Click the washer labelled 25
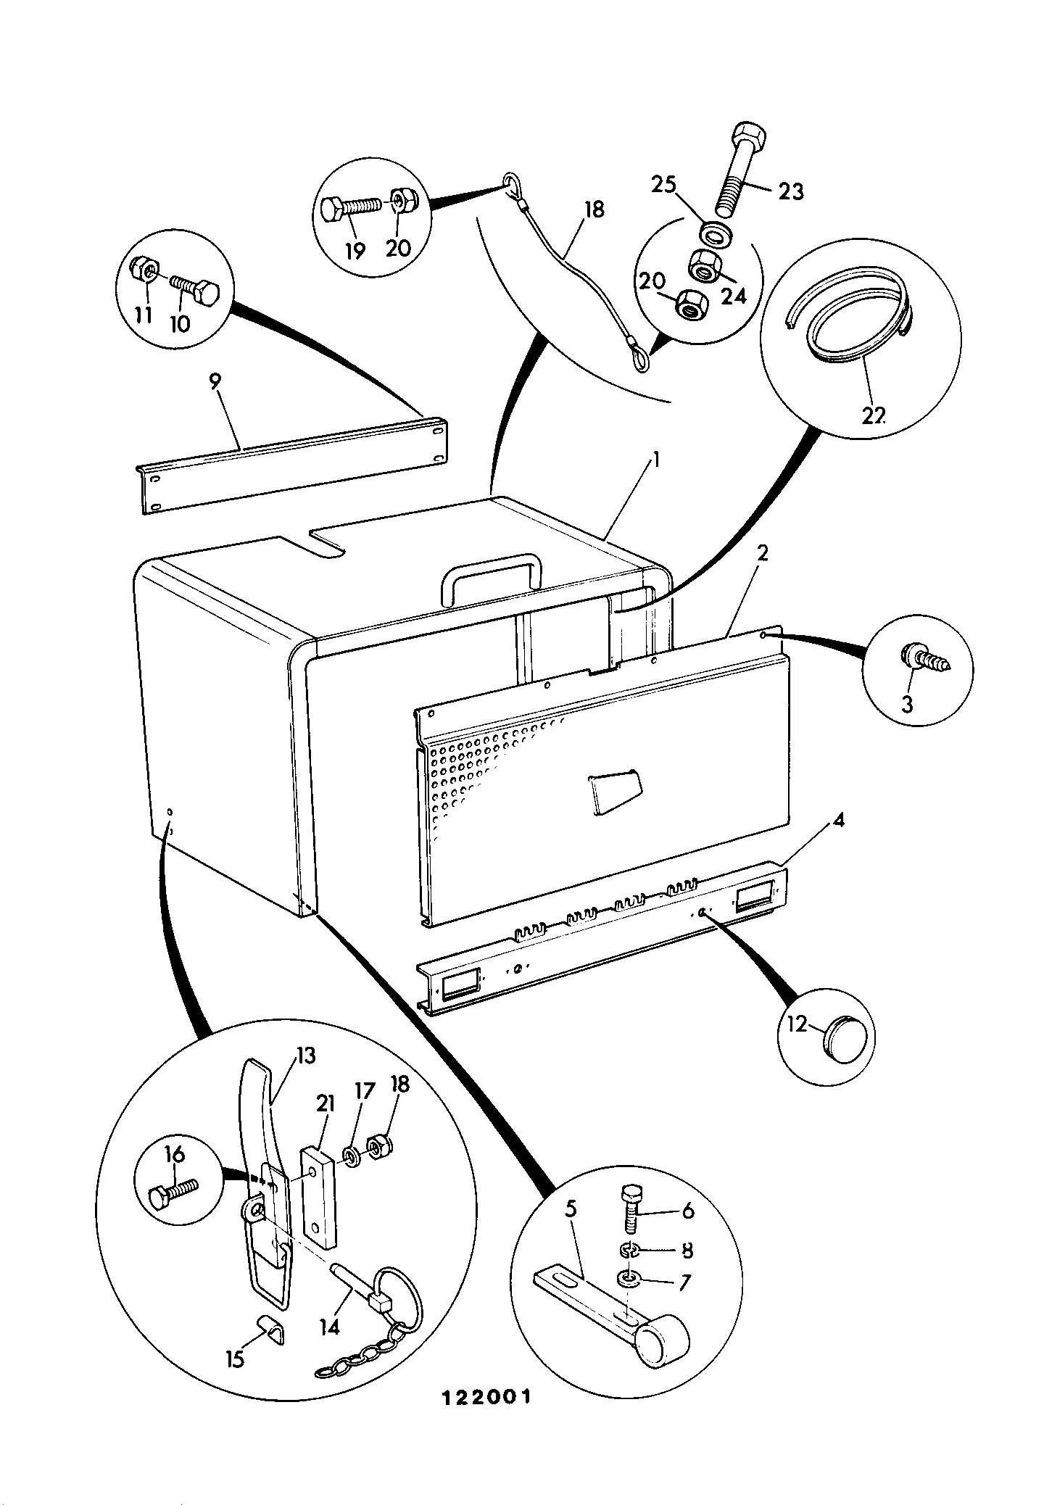(716, 233)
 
